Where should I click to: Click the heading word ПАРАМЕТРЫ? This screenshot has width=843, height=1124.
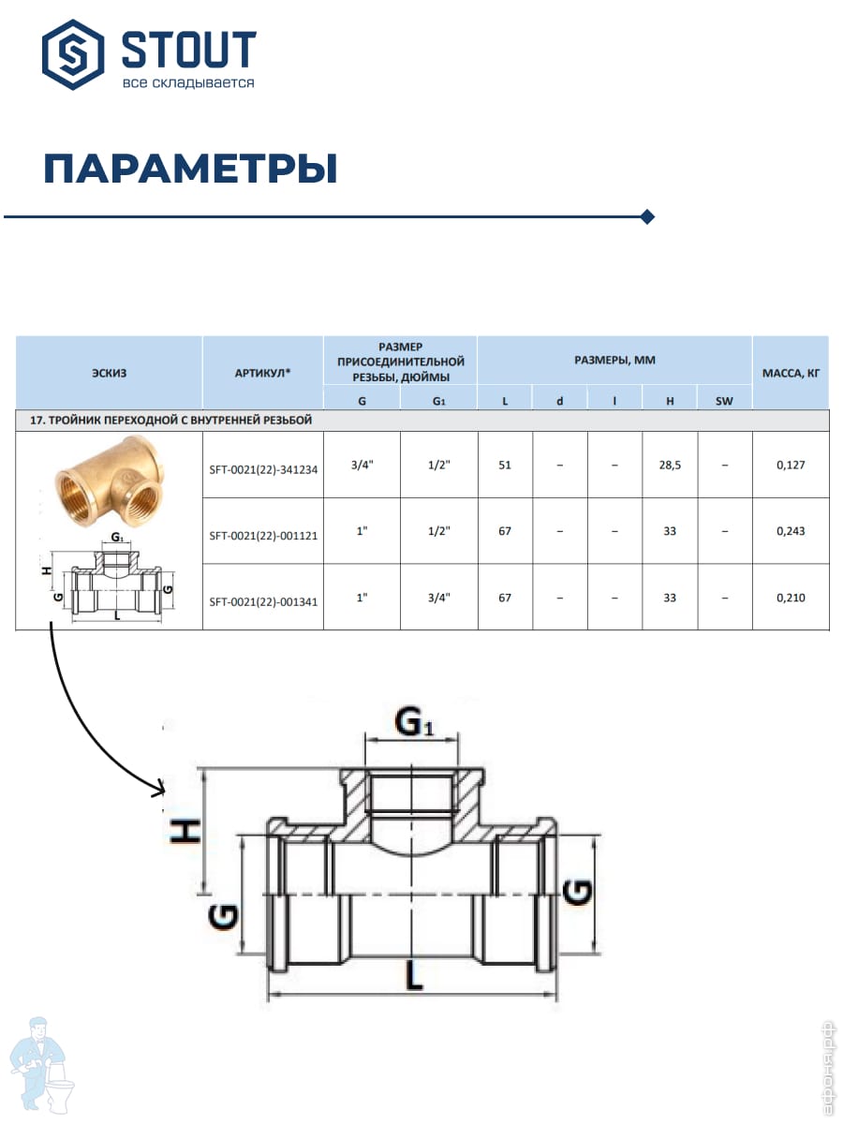coord(190,170)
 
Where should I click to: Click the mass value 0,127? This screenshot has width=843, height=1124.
coord(791,465)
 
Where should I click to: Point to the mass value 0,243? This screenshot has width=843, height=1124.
coord(791,531)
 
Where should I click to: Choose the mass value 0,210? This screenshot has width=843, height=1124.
coord(791,597)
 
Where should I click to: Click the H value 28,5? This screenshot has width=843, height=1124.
coord(670,465)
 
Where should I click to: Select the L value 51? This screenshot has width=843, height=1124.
coord(505,465)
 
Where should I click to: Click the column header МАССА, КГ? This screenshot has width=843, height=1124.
coord(791,372)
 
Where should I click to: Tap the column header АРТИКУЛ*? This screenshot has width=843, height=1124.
coord(263,372)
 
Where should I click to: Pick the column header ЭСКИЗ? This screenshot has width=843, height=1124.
coord(110,372)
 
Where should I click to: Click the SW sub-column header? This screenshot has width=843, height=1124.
coord(724,400)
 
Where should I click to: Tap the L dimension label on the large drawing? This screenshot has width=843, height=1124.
coord(413,976)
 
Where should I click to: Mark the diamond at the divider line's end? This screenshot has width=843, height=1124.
coord(646,217)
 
